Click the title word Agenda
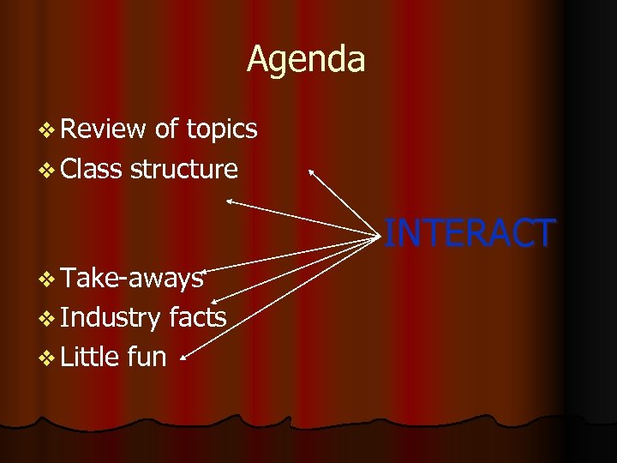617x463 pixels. [306, 60]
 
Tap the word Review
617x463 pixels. [104, 129]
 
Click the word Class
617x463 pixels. [92, 169]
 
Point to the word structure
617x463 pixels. [183, 169]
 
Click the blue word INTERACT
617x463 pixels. [470, 233]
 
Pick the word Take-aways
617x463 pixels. [132, 277]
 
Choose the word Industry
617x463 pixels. [111, 318]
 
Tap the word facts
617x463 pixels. [198, 317]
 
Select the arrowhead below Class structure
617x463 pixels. [230, 201]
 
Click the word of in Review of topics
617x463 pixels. [166, 129]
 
